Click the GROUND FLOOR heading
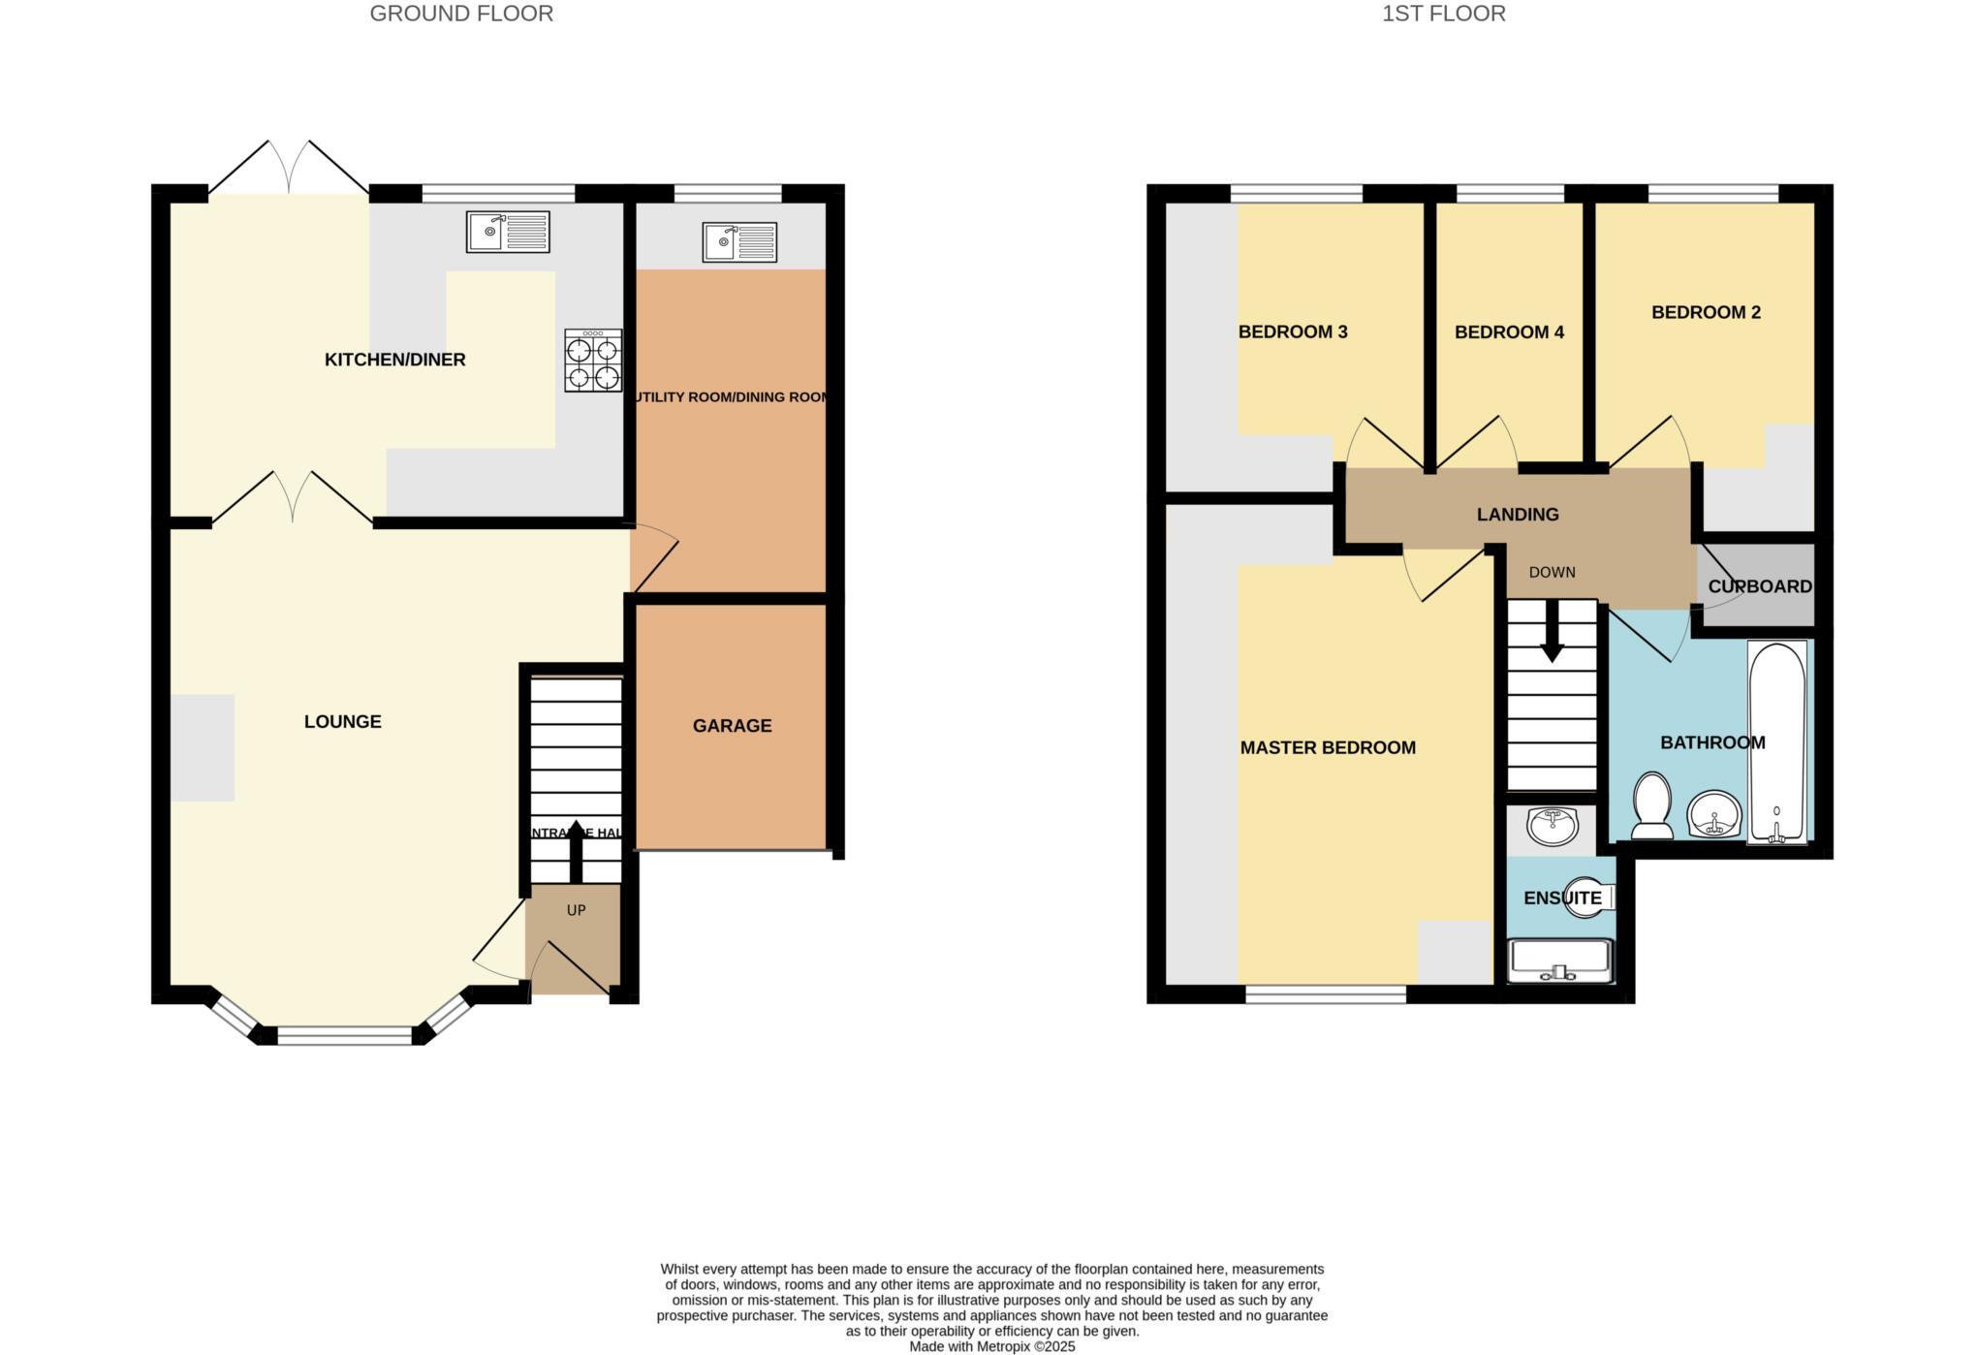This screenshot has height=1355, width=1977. [x=461, y=14]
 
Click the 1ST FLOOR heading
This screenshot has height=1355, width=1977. [x=1443, y=14]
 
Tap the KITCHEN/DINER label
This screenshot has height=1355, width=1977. [x=394, y=360]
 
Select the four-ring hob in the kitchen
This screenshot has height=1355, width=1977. [x=593, y=361]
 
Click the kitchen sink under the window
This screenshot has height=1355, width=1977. [x=507, y=232]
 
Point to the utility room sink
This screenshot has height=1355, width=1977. [x=739, y=242]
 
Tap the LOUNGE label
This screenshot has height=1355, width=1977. [x=342, y=721]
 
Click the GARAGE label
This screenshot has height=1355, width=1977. [x=732, y=725]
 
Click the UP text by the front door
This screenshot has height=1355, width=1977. [x=576, y=910]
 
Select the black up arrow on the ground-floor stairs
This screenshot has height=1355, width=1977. [x=575, y=848]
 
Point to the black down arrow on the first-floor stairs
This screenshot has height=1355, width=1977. [x=1552, y=635]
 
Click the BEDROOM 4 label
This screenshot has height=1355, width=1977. [x=1509, y=332]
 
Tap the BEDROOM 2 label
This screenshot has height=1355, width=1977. [x=1706, y=312]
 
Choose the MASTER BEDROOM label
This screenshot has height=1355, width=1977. [x=1328, y=747]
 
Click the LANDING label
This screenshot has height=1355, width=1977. [x=1518, y=515]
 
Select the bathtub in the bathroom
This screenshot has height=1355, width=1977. [x=1776, y=741]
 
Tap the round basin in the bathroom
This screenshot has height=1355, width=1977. [x=1713, y=812]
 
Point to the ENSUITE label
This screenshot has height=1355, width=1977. [x=1561, y=898]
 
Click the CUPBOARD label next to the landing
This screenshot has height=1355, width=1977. [x=1759, y=586]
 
